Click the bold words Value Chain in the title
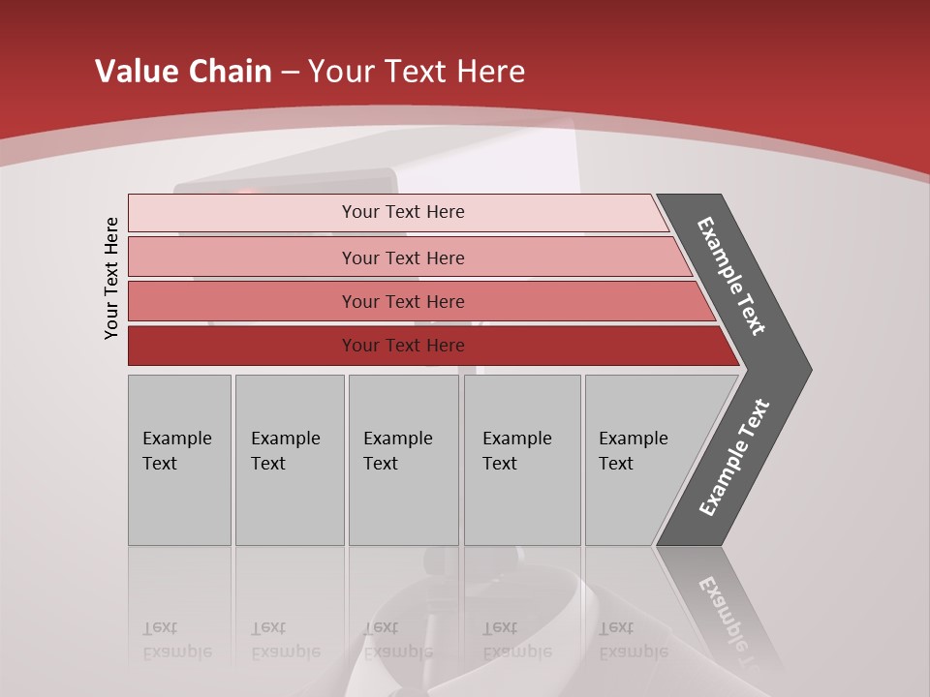point(183,72)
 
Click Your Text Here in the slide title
point(417,72)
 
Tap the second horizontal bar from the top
point(402,258)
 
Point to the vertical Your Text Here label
point(111,278)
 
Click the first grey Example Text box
point(179,460)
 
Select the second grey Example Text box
point(289,460)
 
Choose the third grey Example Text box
point(403,460)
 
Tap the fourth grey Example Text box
point(521,460)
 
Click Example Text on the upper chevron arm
point(731,276)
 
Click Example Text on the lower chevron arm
point(734,458)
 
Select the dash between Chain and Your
point(289,73)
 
